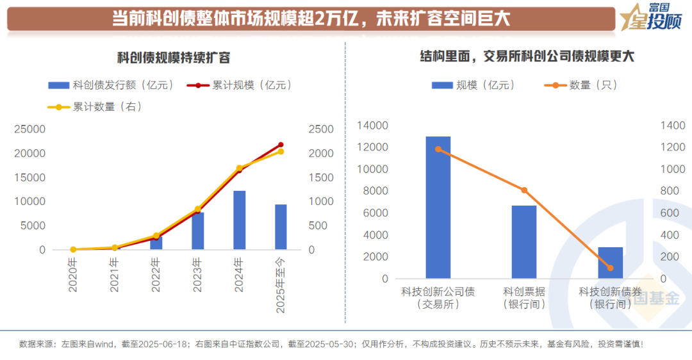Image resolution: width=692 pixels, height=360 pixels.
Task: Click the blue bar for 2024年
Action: click(x=239, y=220)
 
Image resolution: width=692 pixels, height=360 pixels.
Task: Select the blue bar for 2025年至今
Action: click(x=281, y=227)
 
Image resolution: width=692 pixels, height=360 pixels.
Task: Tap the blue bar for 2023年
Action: click(x=197, y=231)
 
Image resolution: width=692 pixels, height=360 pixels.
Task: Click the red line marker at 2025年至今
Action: click(x=281, y=145)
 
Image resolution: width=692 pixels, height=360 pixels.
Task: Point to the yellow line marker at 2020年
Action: click(x=73, y=249)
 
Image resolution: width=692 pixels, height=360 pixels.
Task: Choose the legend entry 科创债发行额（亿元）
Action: click(x=111, y=85)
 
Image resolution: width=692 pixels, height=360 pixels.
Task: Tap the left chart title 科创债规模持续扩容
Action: click(x=174, y=58)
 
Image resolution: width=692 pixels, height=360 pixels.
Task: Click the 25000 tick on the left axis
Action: click(x=31, y=129)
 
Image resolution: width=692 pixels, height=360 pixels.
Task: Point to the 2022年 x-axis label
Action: click(x=156, y=275)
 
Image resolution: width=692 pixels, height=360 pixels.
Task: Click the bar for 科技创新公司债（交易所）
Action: click(x=438, y=208)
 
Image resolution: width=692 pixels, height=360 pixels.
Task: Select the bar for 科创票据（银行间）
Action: click(x=523, y=242)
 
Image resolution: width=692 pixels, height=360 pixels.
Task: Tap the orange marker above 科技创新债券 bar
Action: click(x=610, y=268)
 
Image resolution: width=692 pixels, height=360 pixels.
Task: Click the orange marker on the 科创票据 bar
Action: click(x=523, y=190)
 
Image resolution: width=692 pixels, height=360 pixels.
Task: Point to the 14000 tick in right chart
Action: click(x=375, y=126)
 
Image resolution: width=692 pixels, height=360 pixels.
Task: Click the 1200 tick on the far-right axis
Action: click(x=671, y=147)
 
